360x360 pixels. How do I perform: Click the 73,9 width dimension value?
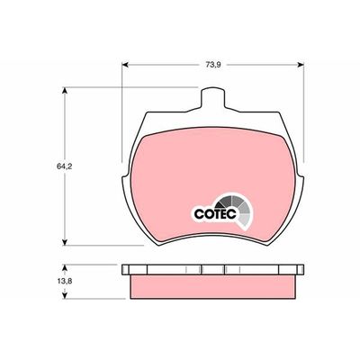pyautogui.click(x=213, y=65)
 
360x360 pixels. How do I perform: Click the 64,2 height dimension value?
pyautogui.click(x=64, y=166)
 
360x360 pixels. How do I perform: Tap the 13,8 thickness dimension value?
pyautogui.click(x=64, y=282)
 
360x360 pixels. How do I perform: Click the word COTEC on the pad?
pyautogui.click(x=216, y=214)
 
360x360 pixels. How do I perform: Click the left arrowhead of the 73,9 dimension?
pyautogui.click(x=126, y=65)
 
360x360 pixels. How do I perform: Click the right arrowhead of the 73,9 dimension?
pyautogui.click(x=300, y=65)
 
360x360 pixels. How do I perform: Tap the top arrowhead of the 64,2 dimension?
pyautogui.click(x=64, y=91)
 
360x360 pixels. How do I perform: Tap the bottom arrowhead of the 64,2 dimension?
pyautogui.click(x=64, y=242)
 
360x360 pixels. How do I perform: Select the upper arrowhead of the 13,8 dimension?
pyautogui.click(x=64, y=268)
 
